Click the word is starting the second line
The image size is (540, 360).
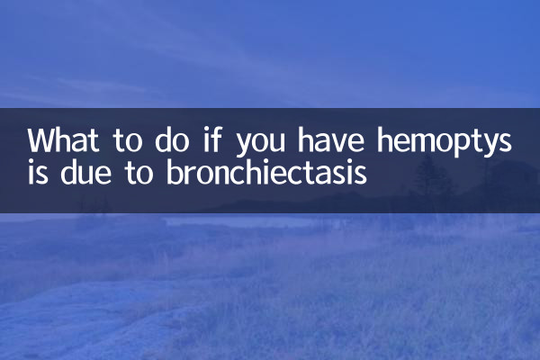[38, 171]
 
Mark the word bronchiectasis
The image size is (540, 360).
[266, 171]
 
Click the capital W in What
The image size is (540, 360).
[40, 142]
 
